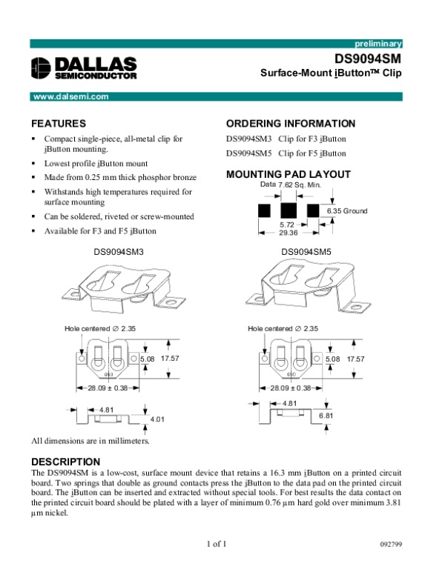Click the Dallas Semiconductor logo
coord(84,67)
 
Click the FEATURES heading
coord(59,123)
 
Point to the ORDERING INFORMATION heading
coord(290,123)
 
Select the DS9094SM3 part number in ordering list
coord(249,139)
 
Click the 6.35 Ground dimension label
coord(347,211)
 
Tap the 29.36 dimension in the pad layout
coord(289,232)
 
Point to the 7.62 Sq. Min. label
coord(298,184)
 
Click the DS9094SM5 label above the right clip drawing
coord(306,252)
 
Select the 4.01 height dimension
coord(157,419)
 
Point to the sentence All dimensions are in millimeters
coord(90,442)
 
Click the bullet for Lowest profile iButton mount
coord(34,163)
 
